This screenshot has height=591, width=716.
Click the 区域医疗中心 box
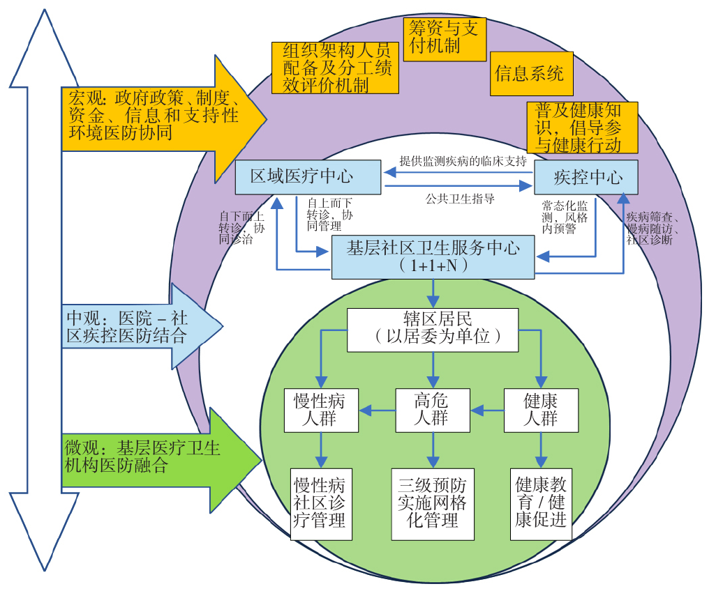pyautogui.click(x=308, y=177)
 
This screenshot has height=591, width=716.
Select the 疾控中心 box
pyautogui.click(x=586, y=177)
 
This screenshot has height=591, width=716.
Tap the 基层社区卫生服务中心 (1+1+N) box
pyautogui.click(x=433, y=256)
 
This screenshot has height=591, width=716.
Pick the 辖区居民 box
pyautogui.click(x=433, y=329)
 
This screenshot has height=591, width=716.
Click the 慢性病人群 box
pyautogui.click(x=321, y=410)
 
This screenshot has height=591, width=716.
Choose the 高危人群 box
pyautogui.click(x=433, y=410)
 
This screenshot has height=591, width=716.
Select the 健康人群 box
pyautogui.click(x=542, y=410)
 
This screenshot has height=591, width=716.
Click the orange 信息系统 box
pyautogui.click(x=530, y=73)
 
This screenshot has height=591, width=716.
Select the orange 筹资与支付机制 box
pyautogui.click(x=445, y=39)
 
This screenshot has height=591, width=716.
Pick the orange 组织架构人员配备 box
pyautogui.click(x=335, y=68)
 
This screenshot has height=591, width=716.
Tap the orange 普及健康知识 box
pyautogui.click(x=583, y=127)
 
